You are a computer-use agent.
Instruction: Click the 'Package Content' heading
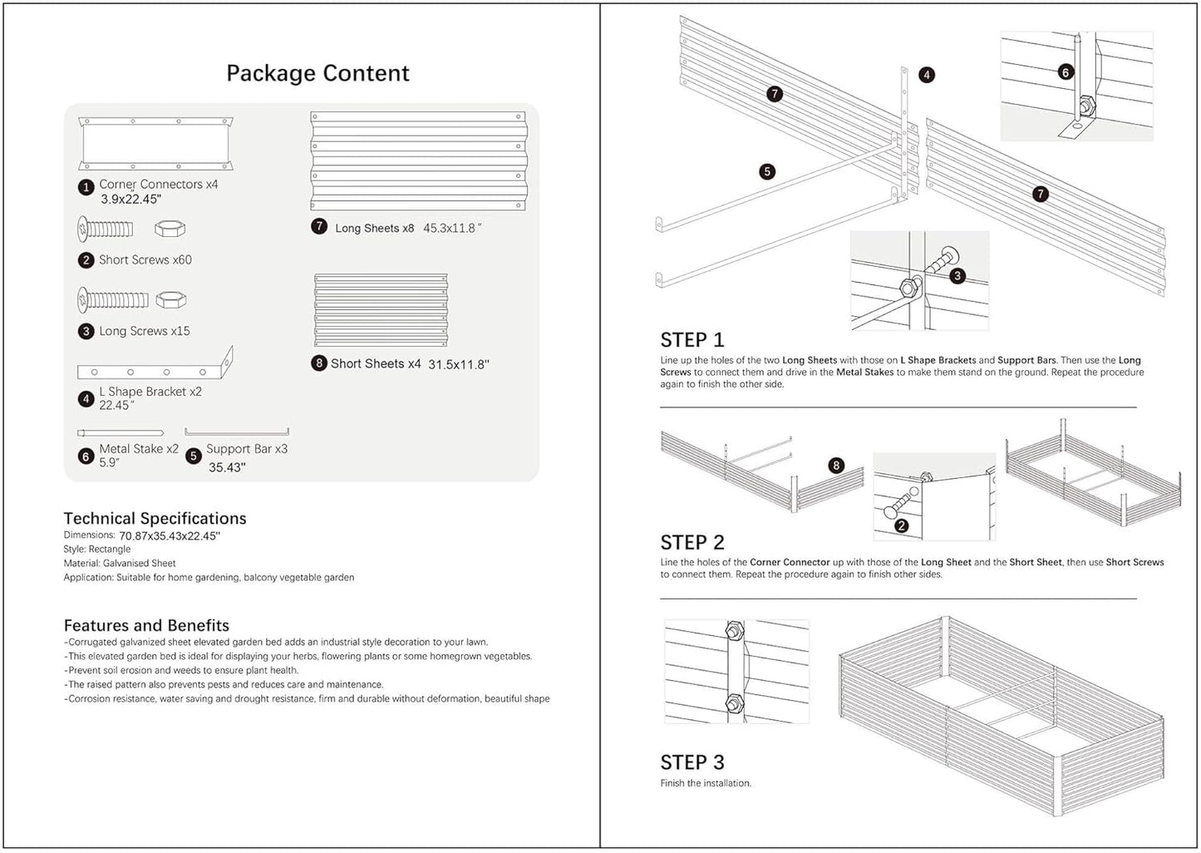317,73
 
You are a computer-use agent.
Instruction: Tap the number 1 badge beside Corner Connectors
86,187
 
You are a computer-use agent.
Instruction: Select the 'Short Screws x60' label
145,260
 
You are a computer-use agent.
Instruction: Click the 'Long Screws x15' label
144,331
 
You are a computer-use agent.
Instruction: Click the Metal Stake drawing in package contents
120,432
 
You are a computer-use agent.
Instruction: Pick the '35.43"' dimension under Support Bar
227,467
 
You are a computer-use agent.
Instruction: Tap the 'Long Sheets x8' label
374,228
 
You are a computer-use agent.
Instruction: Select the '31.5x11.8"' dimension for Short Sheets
459,364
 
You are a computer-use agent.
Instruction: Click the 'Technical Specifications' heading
155,518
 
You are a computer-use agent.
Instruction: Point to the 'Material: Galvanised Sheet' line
120,563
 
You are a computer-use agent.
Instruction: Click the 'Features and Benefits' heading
146,625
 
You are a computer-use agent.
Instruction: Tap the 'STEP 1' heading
692,340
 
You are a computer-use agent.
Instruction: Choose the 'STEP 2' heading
692,542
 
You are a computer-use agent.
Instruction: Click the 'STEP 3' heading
692,762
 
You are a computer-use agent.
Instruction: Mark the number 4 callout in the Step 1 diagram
927,75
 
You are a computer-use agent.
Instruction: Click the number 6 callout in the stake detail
1066,72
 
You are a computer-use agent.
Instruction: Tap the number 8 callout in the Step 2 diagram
836,466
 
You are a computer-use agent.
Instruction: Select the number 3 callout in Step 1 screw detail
957,275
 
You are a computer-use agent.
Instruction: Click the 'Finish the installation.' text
706,783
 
